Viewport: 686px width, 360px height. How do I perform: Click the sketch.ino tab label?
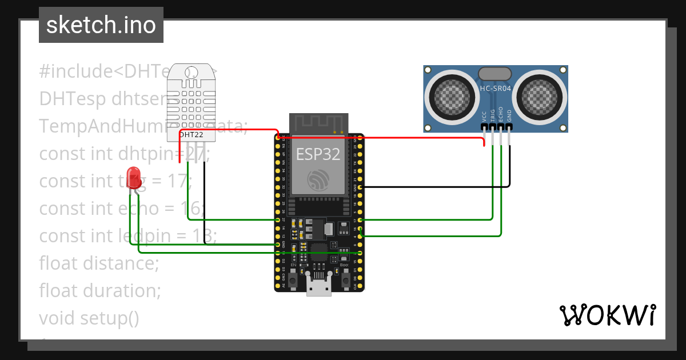click(x=101, y=25)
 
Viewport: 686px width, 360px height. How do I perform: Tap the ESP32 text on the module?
click(x=318, y=154)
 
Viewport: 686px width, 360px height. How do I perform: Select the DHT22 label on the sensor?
click(x=191, y=135)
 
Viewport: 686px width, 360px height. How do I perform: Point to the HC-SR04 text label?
click(x=496, y=89)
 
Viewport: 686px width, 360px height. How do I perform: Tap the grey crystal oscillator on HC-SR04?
click(x=494, y=73)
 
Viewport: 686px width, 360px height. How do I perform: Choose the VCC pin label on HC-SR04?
click(x=485, y=116)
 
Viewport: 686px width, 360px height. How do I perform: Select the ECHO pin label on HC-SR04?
click(x=501, y=114)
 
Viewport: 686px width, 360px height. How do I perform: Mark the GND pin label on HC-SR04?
click(x=509, y=116)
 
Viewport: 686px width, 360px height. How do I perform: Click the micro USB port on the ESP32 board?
click(x=318, y=285)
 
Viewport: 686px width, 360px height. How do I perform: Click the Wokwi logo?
click(x=607, y=315)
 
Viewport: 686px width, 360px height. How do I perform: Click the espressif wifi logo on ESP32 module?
click(x=318, y=180)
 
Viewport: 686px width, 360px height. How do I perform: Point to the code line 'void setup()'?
click(x=89, y=318)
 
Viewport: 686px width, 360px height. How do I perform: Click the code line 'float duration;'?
click(x=100, y=290)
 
